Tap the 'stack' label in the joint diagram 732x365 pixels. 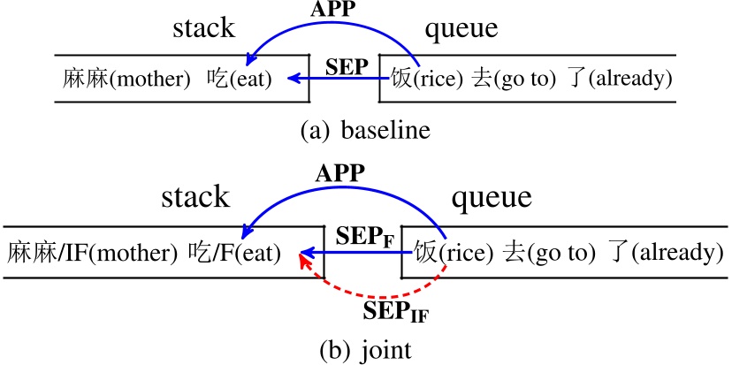tap(195, 196)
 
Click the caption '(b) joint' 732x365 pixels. tap(365, 349)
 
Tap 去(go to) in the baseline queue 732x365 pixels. tap(515, 79)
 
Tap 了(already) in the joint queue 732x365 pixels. tap(667, 254)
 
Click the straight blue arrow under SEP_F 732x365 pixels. tap(354, 255)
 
